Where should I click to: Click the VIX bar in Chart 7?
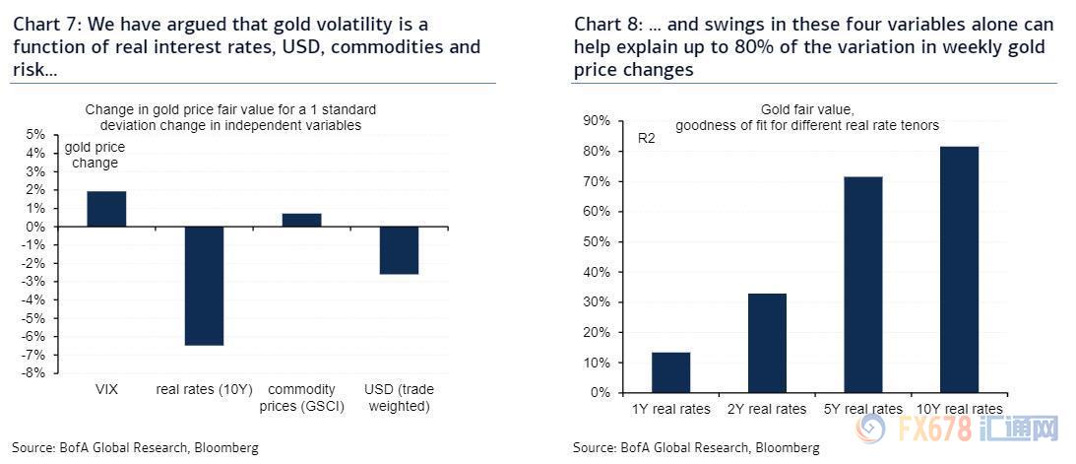tap(106, 209)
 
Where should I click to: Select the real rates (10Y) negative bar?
tap(204, 286)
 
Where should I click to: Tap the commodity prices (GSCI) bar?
tap(301, 220)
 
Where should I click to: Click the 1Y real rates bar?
tap(670, 372)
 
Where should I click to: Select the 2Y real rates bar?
tap(767, 343)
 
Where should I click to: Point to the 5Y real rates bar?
tap(863, 285)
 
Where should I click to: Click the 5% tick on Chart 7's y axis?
tap(35, 135)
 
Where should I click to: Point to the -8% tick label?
tap(34, 373)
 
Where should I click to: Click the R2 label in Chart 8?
tap(647, 139)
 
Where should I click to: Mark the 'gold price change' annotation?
tap(95, 156)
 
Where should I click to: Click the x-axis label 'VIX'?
tap(106, 389)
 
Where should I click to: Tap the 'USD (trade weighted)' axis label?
tap(399, 397)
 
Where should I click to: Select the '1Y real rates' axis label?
tap(670, 408)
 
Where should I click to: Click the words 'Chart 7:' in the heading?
tap(43, 24)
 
